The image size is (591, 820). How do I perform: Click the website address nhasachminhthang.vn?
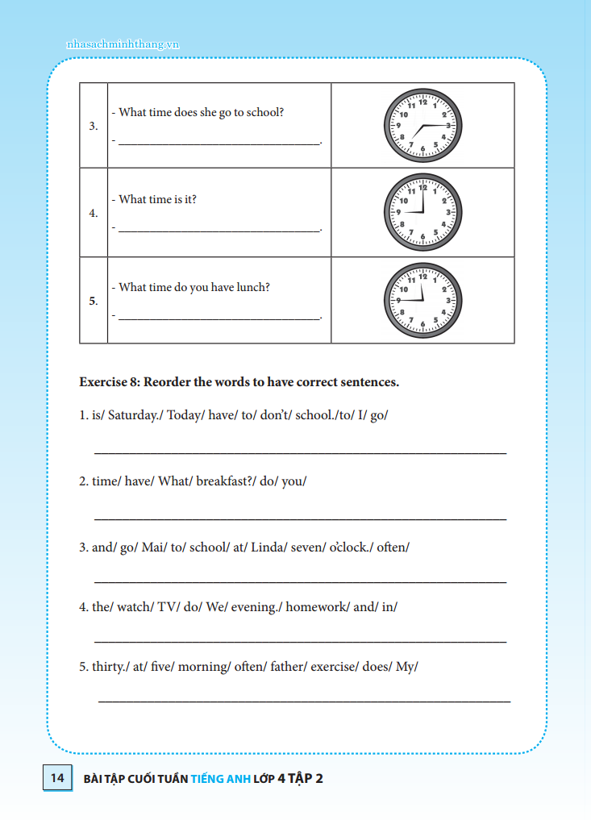[123, 44]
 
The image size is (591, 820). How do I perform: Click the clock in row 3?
[422, 126]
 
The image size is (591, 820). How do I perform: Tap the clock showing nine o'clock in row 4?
[422, 213]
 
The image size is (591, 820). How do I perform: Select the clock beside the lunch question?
[422, 300]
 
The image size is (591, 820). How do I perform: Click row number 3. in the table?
[94, 126]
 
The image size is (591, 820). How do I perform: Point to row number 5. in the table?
[94, 301]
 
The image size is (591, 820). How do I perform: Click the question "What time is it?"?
[157, 199]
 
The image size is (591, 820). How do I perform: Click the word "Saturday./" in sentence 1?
[135, 415]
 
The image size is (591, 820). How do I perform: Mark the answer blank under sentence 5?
[304, 701]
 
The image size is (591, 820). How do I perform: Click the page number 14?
[57, 778]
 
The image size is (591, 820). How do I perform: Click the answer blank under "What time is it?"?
[219, 230]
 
